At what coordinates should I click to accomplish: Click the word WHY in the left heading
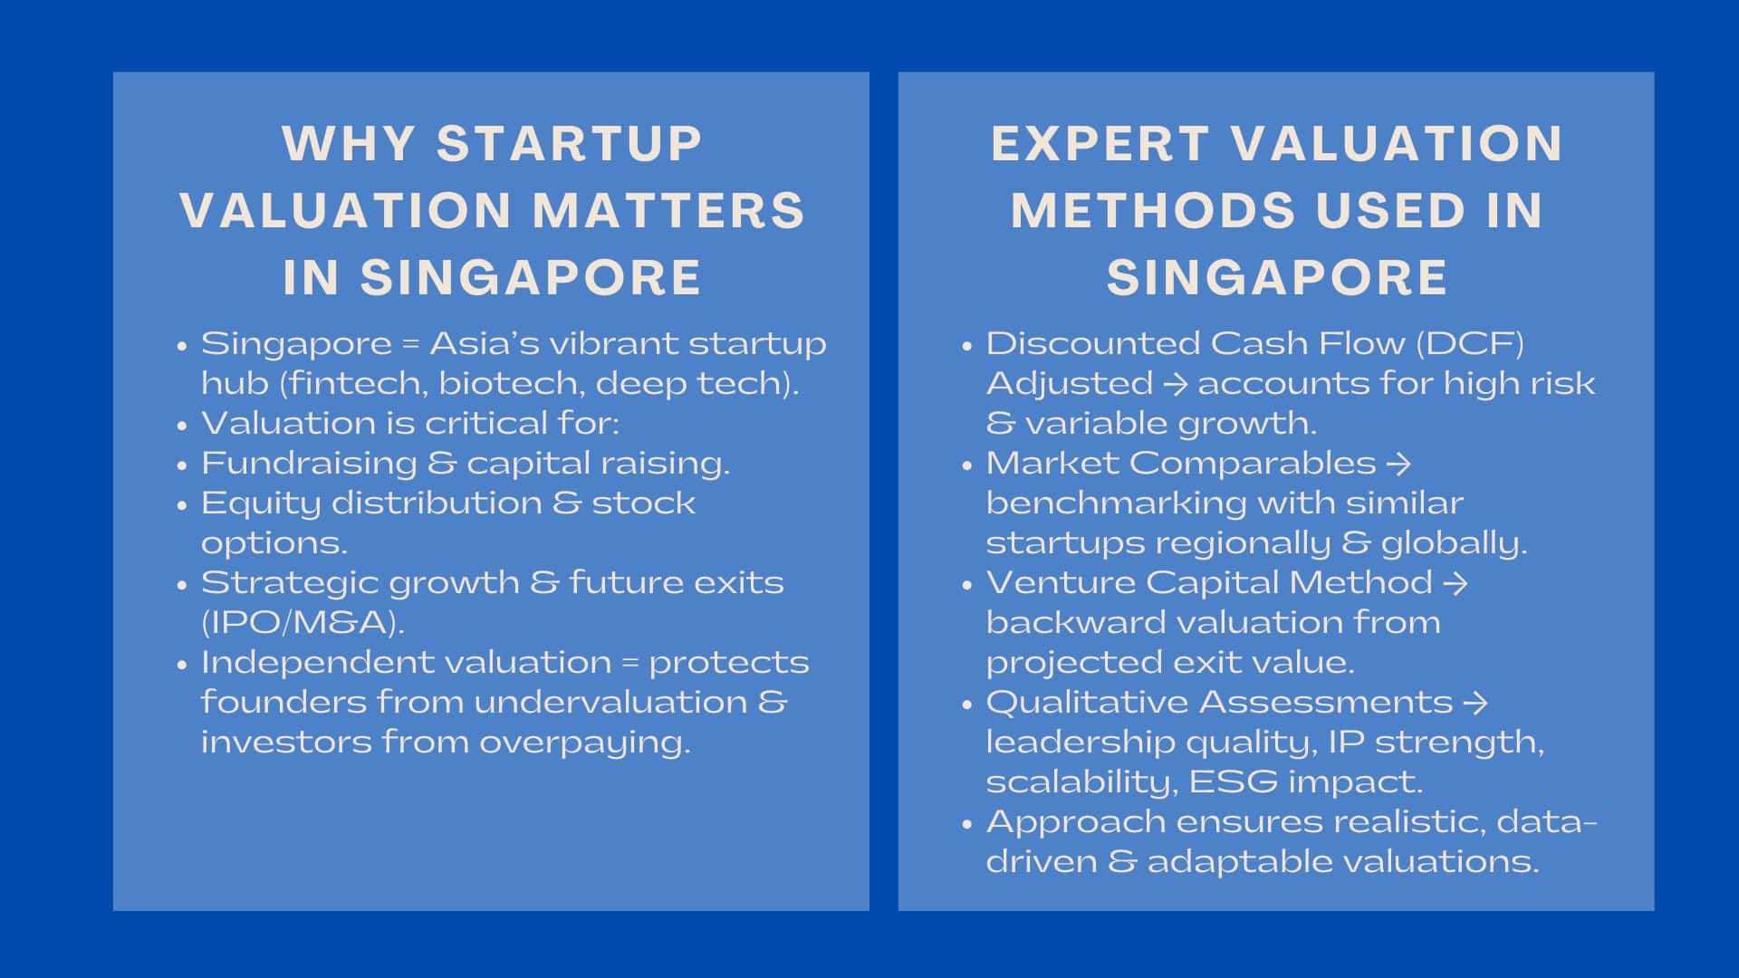pos(349,143)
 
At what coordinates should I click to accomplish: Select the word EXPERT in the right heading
pos(1100,143)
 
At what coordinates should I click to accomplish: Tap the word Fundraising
pos(309,464)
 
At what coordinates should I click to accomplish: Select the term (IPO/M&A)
pos(303,622)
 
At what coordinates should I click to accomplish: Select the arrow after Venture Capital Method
pos(1455,583)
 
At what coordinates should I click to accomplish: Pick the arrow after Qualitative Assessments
pos(1475,703)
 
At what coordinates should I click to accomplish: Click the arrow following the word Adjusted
pos(1176,384)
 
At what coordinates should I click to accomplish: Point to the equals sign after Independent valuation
pos(630,663)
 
